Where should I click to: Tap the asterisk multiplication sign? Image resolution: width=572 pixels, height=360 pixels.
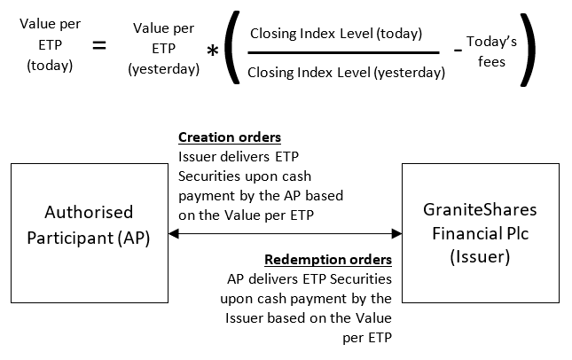click(x=213, y=51)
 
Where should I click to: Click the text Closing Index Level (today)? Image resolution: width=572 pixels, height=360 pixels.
click(x=336, y=34)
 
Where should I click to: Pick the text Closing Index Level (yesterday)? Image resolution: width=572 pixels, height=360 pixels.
click(x=346, y=73)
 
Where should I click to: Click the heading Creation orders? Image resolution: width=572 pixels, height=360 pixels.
click(x=229, y=137)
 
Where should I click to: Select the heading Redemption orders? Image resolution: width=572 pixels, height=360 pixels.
click(x=328, y=260)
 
